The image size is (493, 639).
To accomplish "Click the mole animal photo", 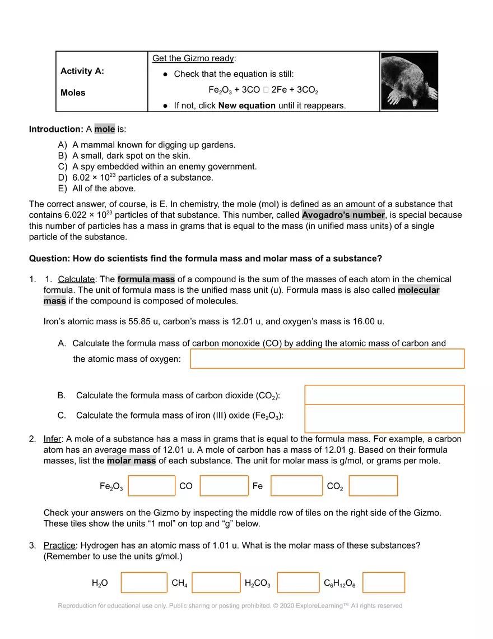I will pyautogui.click(x=409, y=81).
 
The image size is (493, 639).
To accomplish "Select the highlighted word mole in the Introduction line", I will pyautogui.click(x=104, y=129).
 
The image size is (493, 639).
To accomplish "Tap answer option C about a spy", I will pyautogui.click(x=164, y=167).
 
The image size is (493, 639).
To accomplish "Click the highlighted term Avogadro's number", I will pyautogui.click(x=343, y=215).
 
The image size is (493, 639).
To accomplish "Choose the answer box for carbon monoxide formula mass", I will pyautogui.click(x=327, y=358).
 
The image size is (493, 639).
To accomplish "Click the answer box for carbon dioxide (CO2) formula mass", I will pyautogui.click(x=384, y=395).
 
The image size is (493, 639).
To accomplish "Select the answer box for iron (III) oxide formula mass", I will pyautogui.click(x=384, y=419).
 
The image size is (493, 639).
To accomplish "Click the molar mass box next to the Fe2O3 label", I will pyautogui.click(x=152, y=486).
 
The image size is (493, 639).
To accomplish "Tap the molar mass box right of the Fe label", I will pyautogui.click(x=296, y=486).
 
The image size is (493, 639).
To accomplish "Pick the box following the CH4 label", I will pyautogui.click(x=216, y=583).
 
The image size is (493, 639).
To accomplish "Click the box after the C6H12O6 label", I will pyautogui.click(x=383, y=583).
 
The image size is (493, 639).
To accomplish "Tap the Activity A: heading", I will pyautogui.click(x=82, y=71).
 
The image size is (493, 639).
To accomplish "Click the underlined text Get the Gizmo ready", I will pyautogui.click(x=194, y=58).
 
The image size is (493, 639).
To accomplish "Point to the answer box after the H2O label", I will pyautogui.click(x=144, y=583).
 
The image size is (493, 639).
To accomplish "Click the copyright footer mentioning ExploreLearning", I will pyautogui.click(x=230, y=606).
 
